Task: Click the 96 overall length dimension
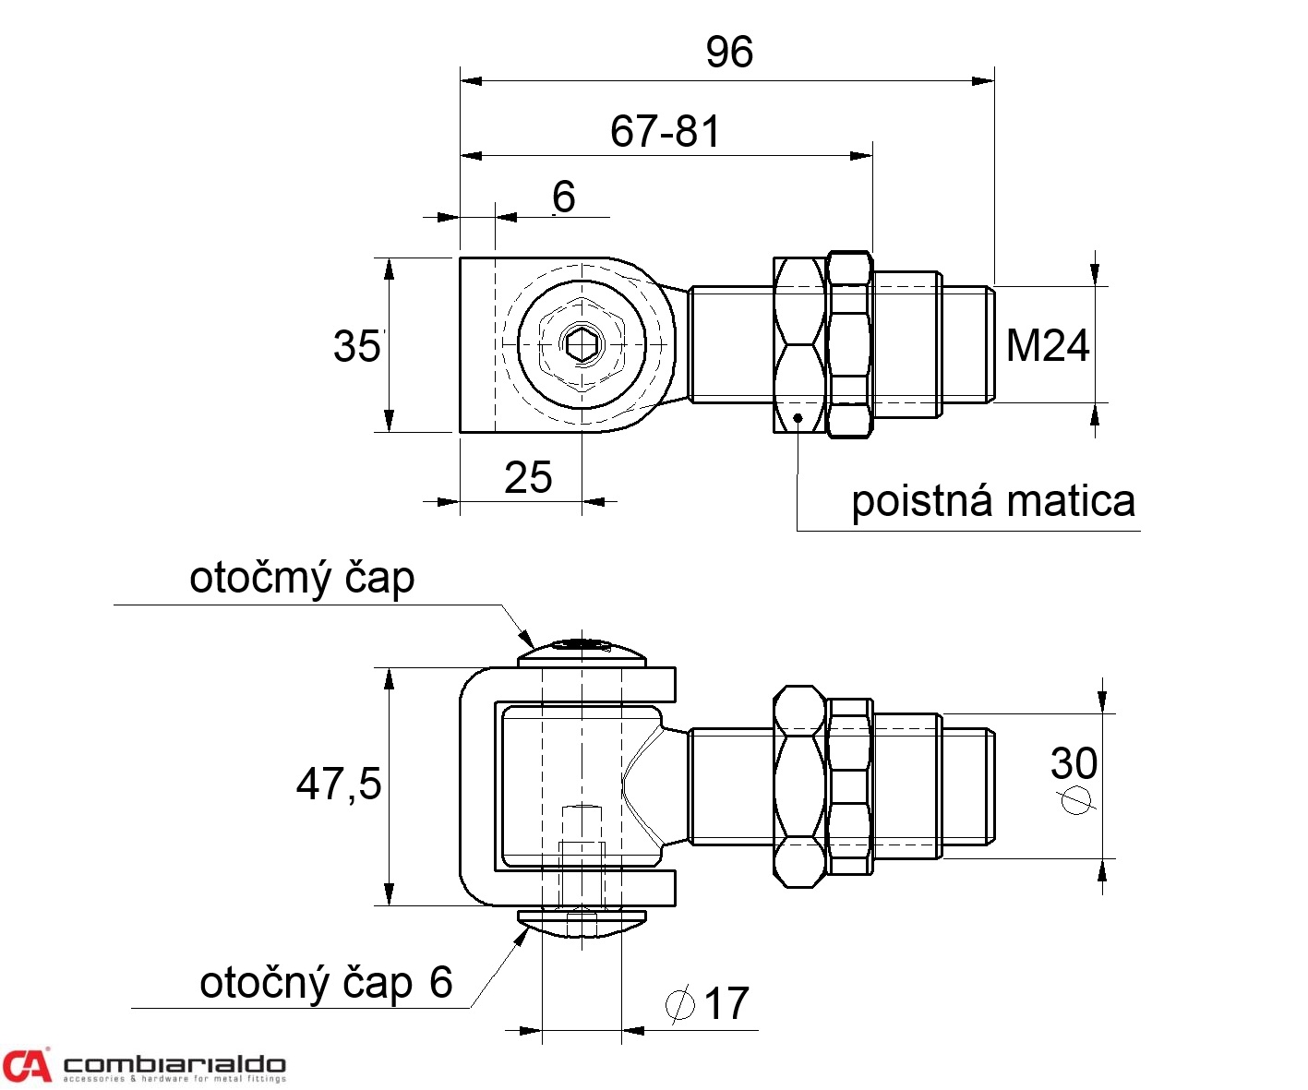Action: click(729, 52)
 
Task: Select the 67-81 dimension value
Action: click(665, 131)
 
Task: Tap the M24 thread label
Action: click(1047, 345)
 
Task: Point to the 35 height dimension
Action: click(356, 346)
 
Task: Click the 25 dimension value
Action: click(528, 477)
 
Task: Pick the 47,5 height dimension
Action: click(338, 784)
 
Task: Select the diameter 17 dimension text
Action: click(726, 1003)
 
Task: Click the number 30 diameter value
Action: click(1074, 763)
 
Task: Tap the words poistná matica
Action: click(992, 501)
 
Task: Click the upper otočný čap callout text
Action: click(302, 578)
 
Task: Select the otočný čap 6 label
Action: click(326, 982)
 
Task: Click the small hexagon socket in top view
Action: click(582, 344)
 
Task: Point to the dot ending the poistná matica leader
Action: click(797, 417)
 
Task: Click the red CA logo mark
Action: click(26, 1065)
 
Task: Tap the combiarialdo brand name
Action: click(174, 1064)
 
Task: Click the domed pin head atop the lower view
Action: click(581, 652)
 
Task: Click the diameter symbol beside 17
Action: click(680, 1003)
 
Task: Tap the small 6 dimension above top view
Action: click(563, 197)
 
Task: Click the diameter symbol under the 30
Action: click(1074, 799)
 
